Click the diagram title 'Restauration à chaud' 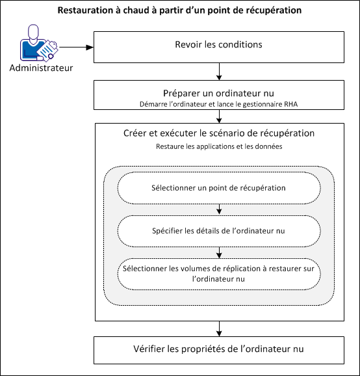tap(179, 11)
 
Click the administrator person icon tap(38, 46)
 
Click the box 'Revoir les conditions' tap(218, 46)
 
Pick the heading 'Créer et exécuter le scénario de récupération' tap(218, 133)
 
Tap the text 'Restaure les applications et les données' tap(218, 147)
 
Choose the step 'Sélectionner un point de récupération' tap(218, 188)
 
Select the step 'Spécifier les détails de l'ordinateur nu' tap(218, 230)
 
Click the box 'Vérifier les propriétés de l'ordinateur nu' tap(218, 349)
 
